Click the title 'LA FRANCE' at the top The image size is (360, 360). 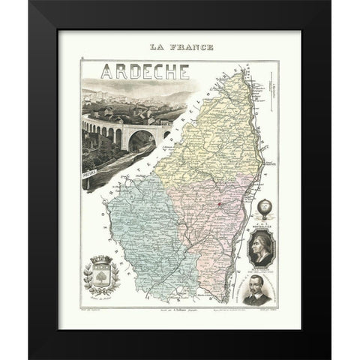pyautogui.click(x=181, y=49)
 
